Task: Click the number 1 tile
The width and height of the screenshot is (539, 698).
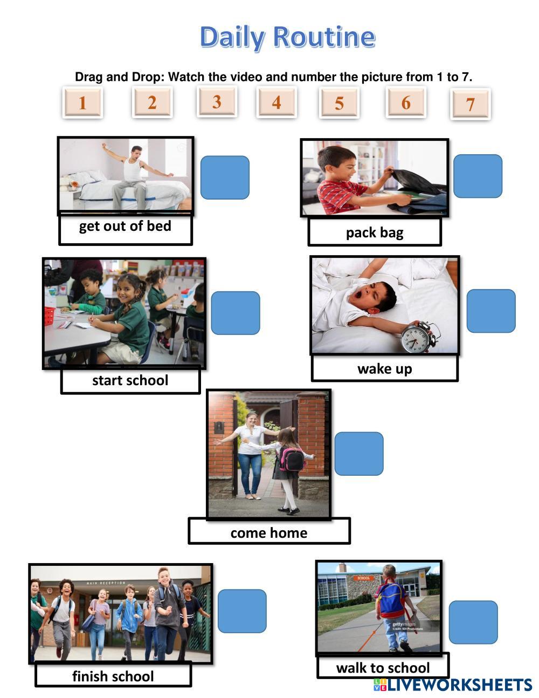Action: (x=82, y=102)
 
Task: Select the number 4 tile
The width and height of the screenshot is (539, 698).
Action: (x=277, y=101)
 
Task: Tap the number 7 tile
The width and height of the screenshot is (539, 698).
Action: (x=470, y=104)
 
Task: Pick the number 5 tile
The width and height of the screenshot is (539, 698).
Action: (x=339, y=102)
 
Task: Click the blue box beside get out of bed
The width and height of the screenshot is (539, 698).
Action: (x=225, y=177)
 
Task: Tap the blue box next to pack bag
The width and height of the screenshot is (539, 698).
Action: (x=478, y=176)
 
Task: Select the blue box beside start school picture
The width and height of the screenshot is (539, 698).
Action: (x=235, y=313)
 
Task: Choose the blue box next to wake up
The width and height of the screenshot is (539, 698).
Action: (x=490, y=311)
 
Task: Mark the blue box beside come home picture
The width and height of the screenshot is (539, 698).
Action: (x=358, y=453)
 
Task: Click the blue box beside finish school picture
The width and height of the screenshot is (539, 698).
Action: (x=242, y=611)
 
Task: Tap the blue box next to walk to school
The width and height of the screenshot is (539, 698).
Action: (x=473, y=622)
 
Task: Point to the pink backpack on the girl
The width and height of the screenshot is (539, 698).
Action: (x=291, y=459)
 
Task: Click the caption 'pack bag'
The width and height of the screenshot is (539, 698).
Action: (x=375, y=232)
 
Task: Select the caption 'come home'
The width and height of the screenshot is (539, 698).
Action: (x=269, y=532)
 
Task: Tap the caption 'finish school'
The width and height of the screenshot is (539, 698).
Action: (x=113, y=676)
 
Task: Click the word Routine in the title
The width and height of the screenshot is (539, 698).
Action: (x=323, y=37)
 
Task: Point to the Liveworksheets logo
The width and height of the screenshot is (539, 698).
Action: (x=452, y=685)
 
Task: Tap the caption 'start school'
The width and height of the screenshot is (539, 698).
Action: (x=130, y=380)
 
